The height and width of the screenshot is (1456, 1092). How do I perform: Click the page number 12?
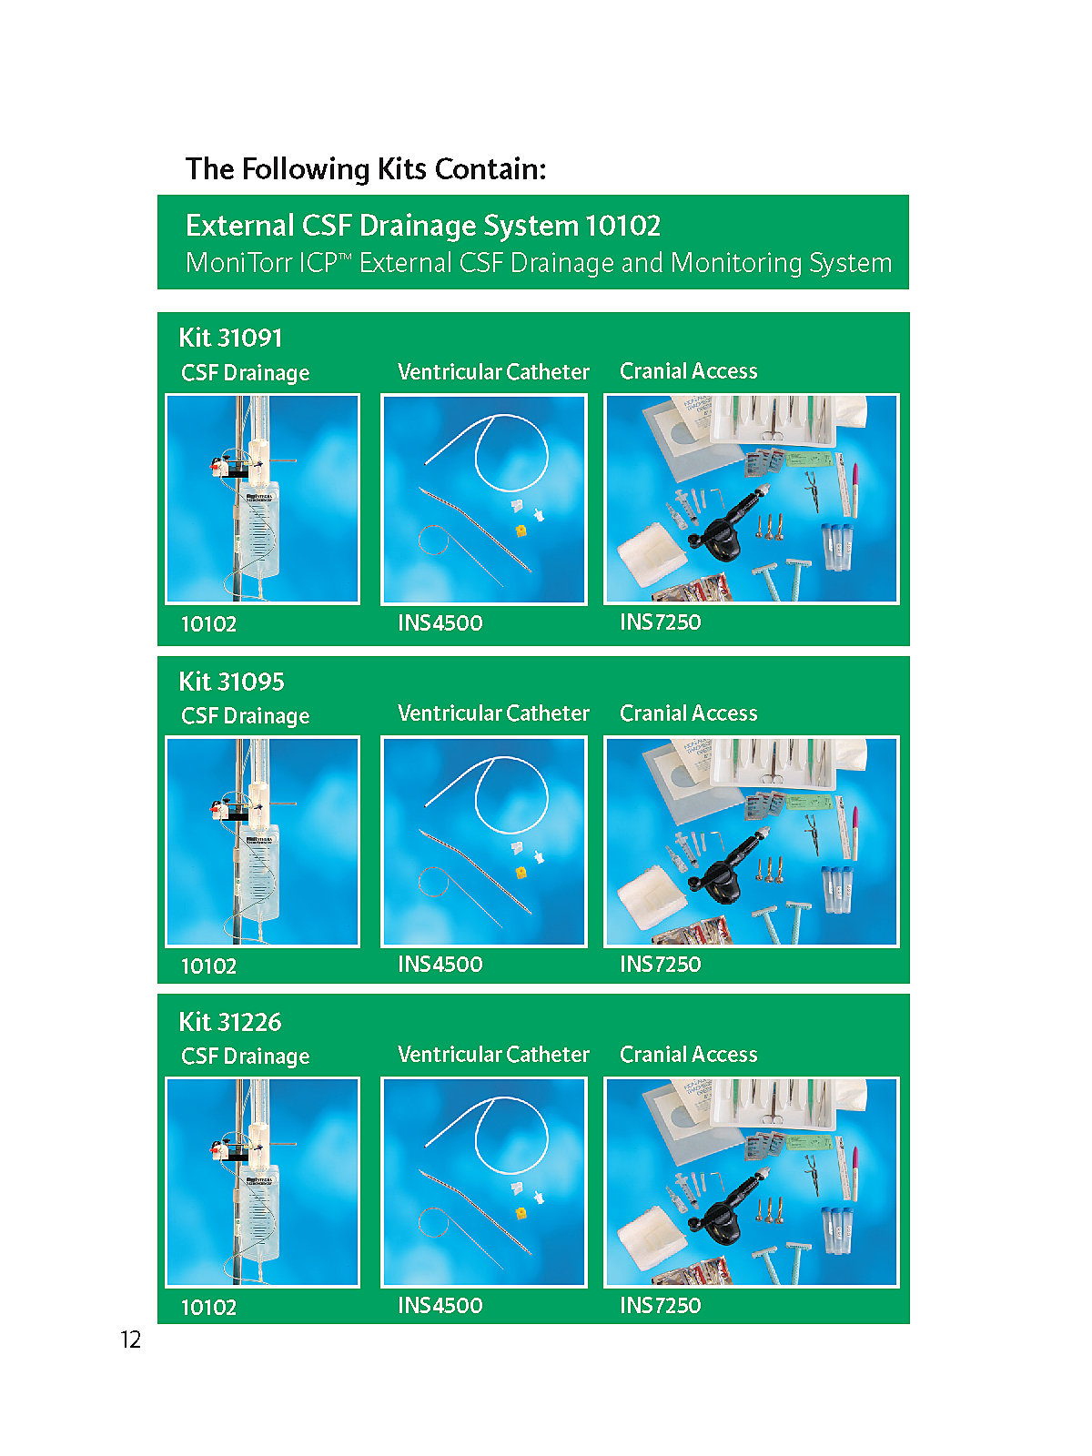[131, 1340]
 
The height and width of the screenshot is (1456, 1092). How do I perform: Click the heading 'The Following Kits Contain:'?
[366, 169]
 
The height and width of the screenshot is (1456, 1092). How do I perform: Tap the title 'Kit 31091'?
[231, 339]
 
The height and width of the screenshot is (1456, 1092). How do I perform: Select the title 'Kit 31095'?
[231, 682]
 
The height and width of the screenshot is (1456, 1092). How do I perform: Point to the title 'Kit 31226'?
[230, 1022]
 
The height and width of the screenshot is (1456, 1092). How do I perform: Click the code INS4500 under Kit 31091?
[440, 622]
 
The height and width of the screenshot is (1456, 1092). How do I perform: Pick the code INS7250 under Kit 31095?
[661, 964]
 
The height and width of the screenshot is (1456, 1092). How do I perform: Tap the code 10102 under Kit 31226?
[209, 1308]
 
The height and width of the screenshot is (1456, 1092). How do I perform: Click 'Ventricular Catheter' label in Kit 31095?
[493, 713]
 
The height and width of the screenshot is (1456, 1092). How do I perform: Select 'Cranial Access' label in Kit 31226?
[688, 1055]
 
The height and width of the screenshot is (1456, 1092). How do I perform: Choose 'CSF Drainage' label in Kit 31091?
[246, 373]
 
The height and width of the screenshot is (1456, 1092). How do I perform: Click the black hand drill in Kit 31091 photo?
[726, 524]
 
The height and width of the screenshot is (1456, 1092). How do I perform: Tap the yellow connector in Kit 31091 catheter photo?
[521, 530]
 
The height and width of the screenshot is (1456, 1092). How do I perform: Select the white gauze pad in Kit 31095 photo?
[652, 897]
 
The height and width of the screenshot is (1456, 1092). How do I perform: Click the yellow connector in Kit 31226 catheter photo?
[521, 1213]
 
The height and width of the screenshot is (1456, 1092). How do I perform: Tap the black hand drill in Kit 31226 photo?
[726, 1208]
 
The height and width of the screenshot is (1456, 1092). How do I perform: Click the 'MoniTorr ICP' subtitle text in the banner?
[539, 263]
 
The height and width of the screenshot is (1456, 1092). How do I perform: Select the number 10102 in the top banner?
[622, 227]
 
